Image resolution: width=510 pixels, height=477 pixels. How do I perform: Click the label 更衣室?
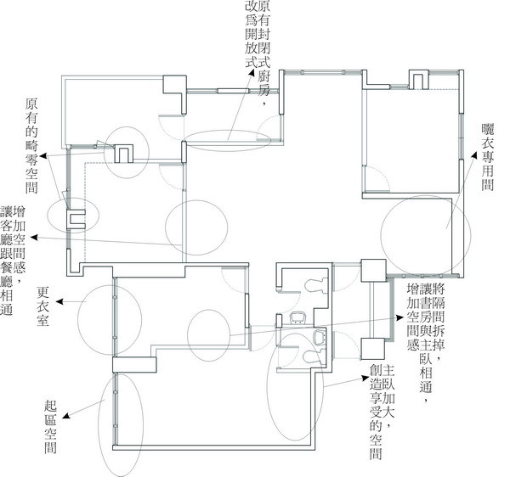point(42,306)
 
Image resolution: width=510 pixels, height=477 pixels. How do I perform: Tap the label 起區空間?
point(50,426)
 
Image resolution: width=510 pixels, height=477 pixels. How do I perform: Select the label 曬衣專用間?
point(488,157)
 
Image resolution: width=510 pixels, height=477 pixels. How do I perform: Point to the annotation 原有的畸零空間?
point(31,146)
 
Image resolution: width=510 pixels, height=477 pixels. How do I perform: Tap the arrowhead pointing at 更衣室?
point(59,302)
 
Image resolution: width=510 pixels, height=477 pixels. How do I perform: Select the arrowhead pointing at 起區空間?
point(66,416)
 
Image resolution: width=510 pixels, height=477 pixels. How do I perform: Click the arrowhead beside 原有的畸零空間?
point(43,156)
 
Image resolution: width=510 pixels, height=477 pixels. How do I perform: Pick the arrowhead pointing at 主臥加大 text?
point(365,379)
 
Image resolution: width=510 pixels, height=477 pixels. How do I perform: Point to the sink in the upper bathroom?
point(298,317)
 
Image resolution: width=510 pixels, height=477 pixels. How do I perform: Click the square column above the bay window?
point(373,271)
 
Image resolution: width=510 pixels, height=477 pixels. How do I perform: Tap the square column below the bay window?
point(373,349)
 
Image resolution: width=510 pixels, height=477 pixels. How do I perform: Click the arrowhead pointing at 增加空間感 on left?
point(34,238)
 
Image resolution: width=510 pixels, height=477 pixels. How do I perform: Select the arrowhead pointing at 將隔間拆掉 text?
point(399,317)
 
